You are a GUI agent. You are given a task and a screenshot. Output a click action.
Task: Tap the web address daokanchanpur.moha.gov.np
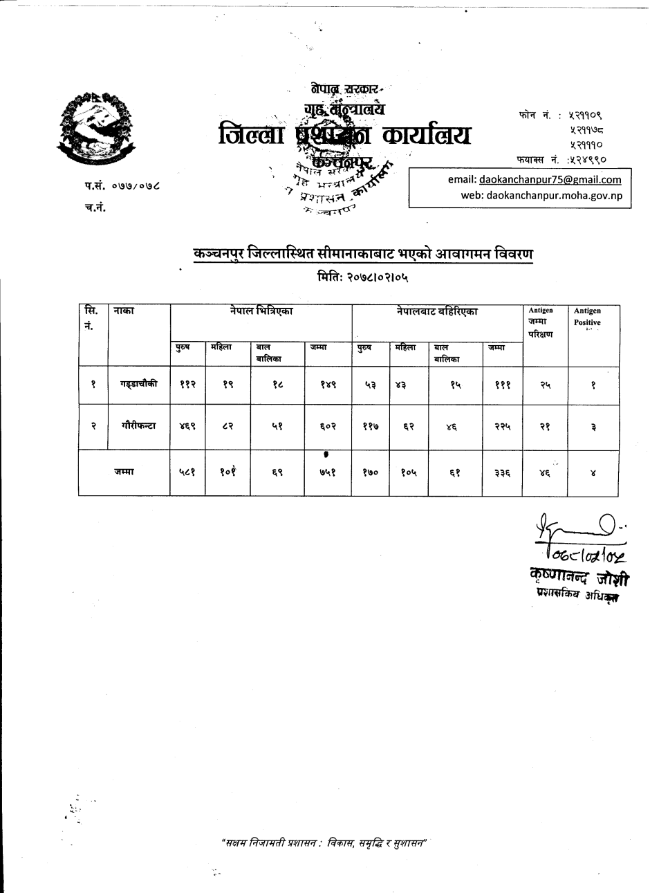541,195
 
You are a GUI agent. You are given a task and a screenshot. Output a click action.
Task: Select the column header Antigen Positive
587,317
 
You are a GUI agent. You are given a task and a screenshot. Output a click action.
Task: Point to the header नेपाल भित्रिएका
261,312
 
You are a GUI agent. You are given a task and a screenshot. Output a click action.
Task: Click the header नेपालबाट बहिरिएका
437,312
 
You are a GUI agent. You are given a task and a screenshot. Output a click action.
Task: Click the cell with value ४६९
187,427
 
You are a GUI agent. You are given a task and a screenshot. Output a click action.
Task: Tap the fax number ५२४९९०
587,159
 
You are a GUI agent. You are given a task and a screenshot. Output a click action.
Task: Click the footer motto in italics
324,843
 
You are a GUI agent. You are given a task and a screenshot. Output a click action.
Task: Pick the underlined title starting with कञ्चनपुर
363,254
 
